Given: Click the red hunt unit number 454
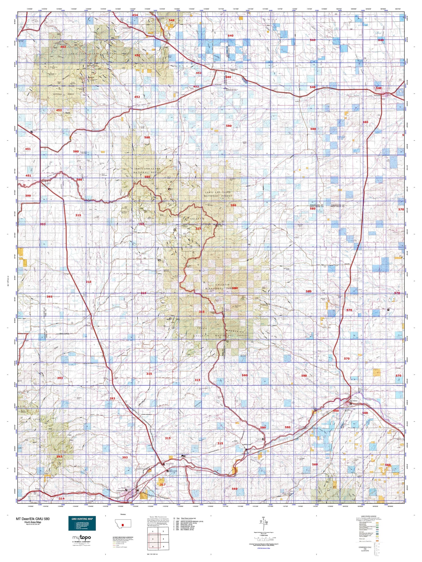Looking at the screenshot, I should click(x=135, y=15).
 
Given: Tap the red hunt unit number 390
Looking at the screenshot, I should click(x=28, y=196).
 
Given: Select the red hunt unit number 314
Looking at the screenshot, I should click(x=61, y=498).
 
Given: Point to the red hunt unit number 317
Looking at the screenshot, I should click(x=163, y=484).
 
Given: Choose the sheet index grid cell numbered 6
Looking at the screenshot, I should click(x=163, y=546).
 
